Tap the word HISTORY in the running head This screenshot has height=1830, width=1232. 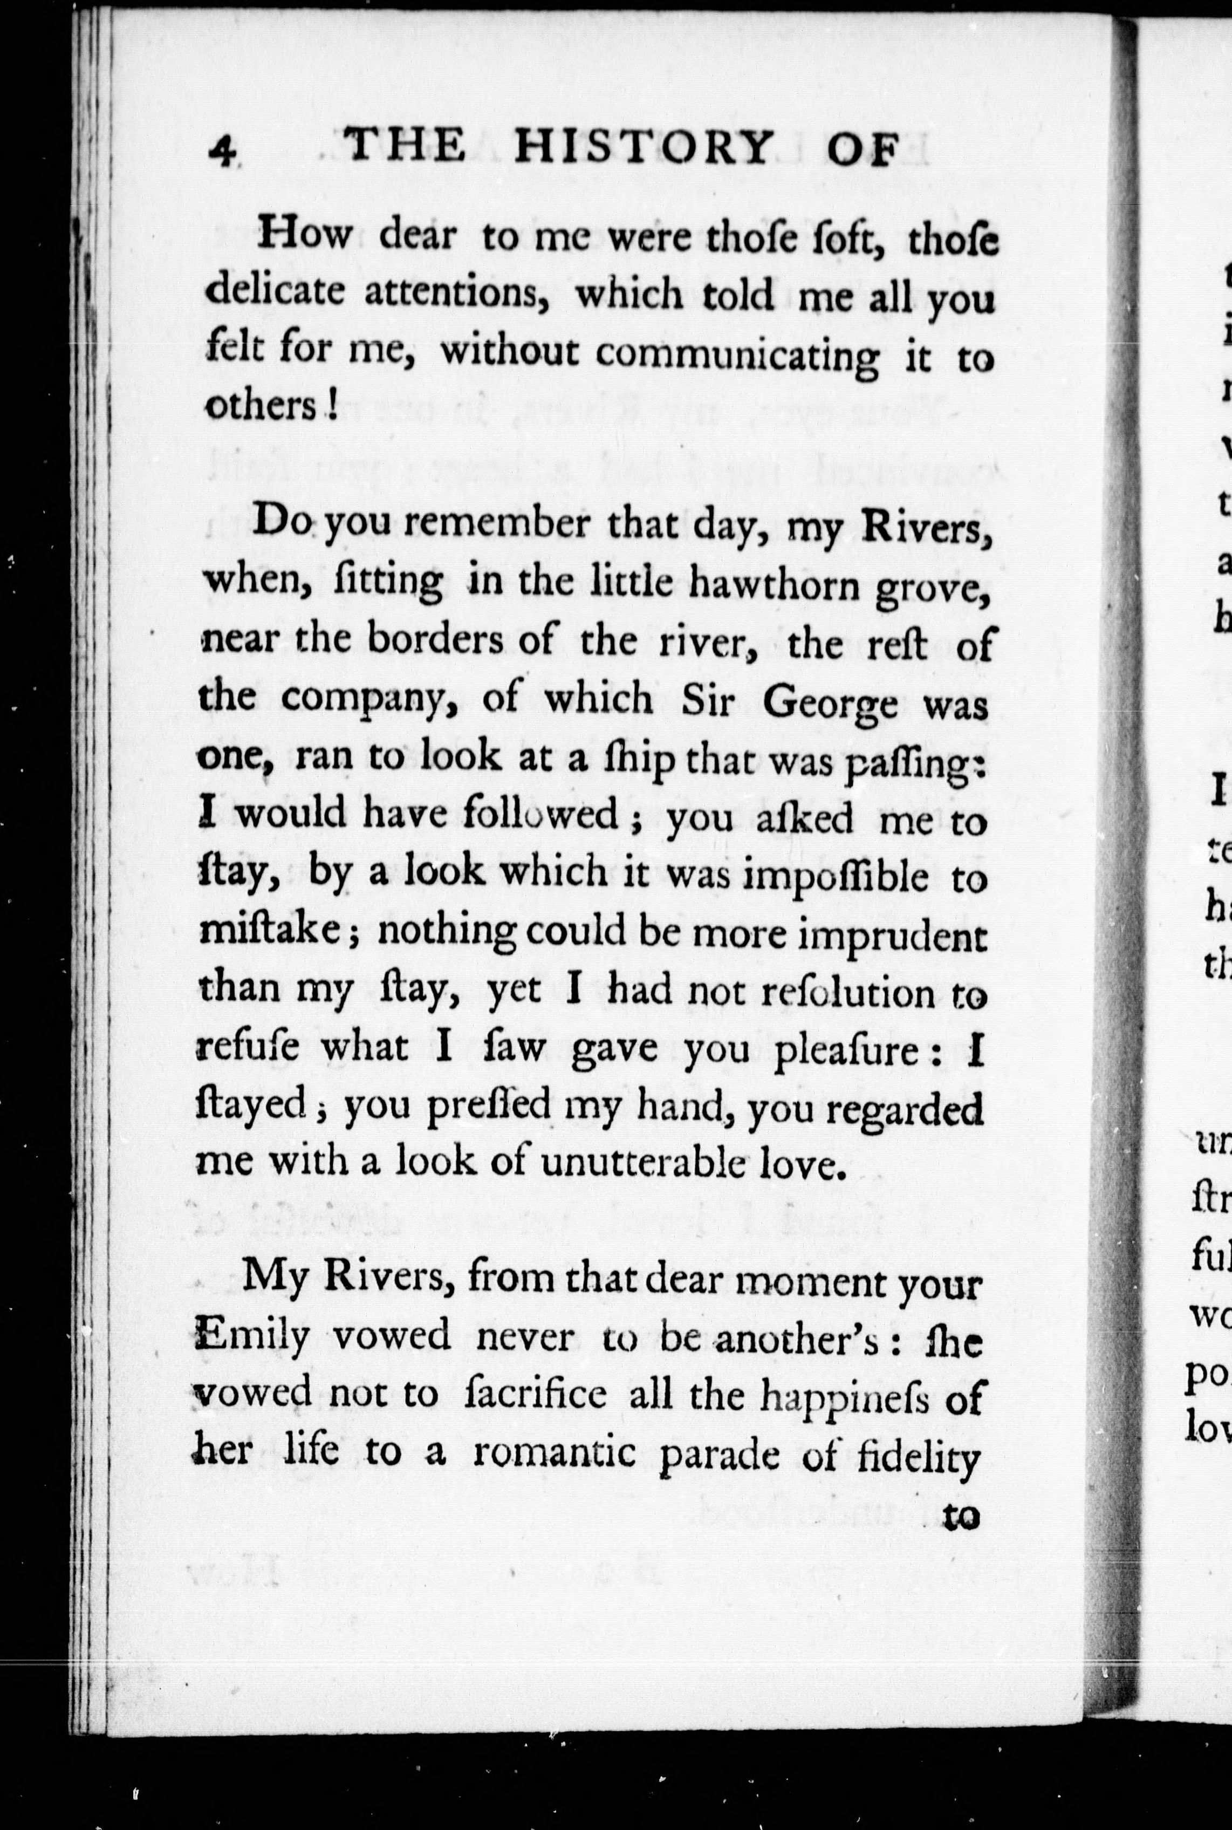tap(641, 146)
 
